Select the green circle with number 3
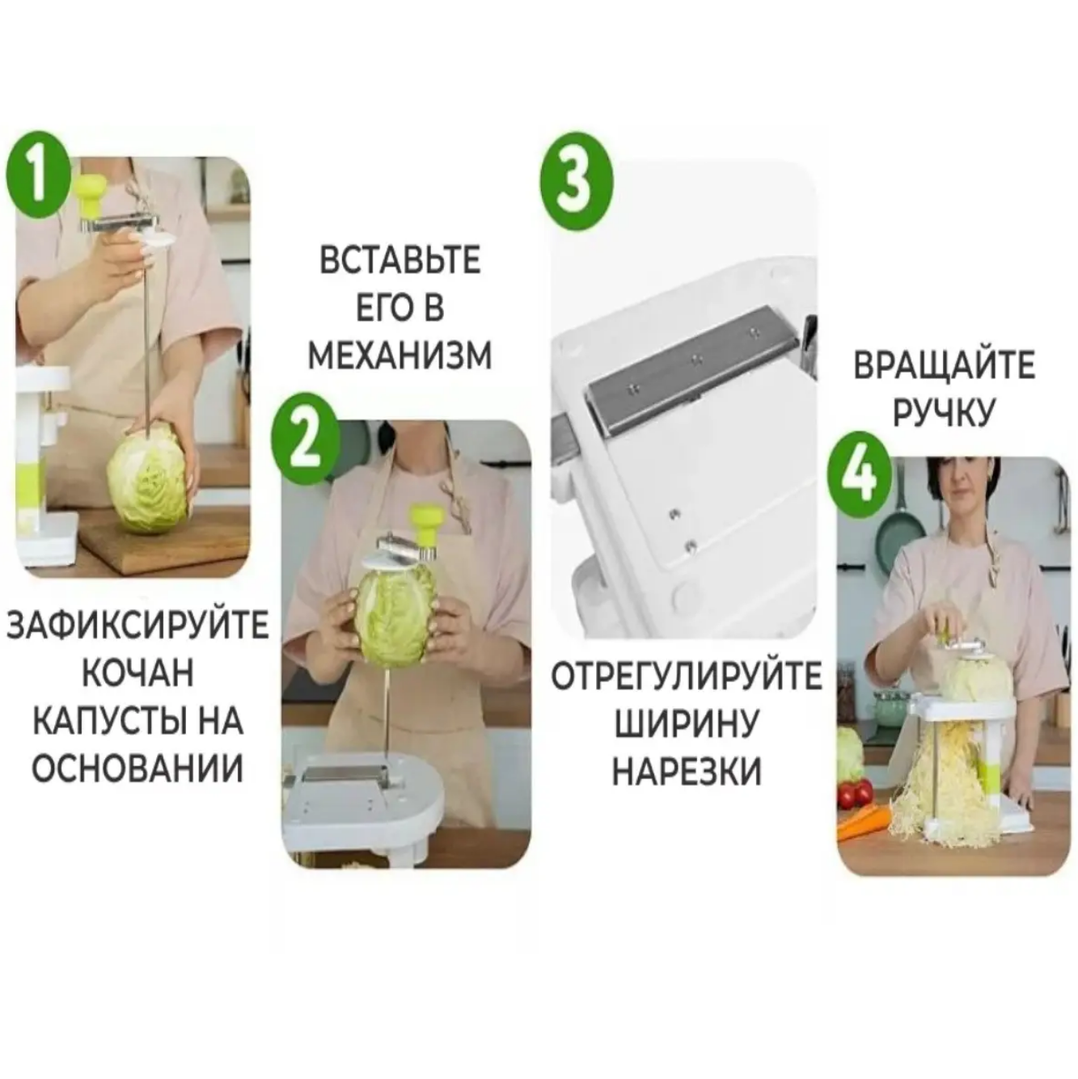576,180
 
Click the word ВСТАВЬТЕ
400,261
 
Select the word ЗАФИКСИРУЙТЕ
137,626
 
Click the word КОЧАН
137,673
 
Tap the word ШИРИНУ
686,723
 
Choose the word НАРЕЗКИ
686,770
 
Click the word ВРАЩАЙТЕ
944,365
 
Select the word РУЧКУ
944,413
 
